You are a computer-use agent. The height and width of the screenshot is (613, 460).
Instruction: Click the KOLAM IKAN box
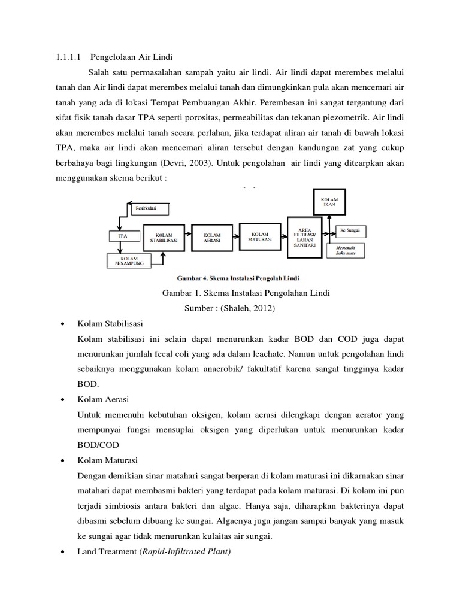tap(330, 202)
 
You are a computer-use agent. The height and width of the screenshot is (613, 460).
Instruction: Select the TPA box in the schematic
tap(122, 235)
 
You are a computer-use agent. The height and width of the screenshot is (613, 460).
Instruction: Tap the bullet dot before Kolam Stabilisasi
tap(63, 324)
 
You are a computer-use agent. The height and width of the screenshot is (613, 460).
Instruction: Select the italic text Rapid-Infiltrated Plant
tap(185, 551)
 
